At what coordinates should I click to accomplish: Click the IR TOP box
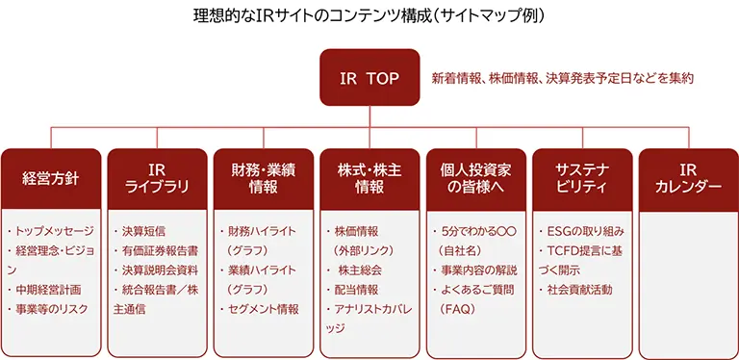[369, 76]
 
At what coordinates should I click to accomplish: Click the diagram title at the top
[369, 16]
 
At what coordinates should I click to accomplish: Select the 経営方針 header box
[49, 178]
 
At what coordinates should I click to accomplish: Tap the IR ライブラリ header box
[156, 178]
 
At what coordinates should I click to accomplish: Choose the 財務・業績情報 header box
[263, 178]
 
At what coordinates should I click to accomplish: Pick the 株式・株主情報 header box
[369, 178]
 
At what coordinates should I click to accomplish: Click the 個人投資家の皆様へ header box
[475, 178]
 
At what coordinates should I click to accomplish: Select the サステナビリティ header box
[582, 178]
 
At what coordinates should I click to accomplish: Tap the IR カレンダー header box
[688, 178]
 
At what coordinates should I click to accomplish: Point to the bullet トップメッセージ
[53, 232]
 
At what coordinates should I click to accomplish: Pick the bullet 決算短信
[144, 232]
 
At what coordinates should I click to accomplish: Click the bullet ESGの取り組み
[586, 232]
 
